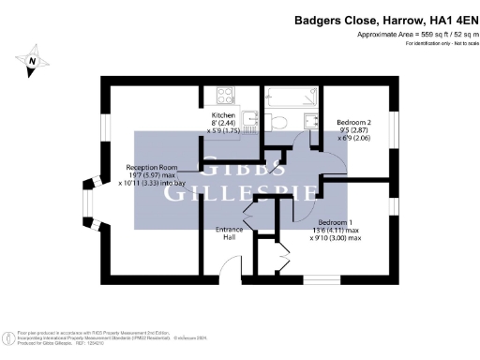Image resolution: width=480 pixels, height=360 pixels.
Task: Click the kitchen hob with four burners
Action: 227,95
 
